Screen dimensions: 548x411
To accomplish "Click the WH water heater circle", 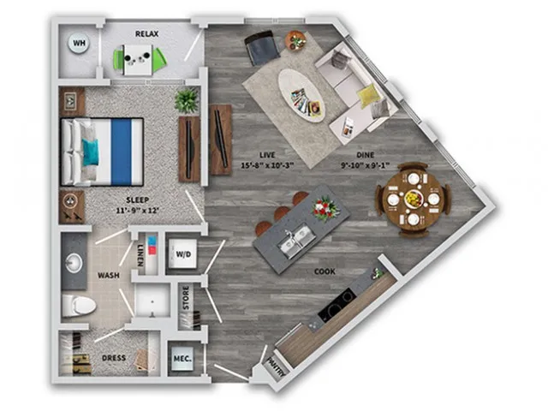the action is tap(78, 44).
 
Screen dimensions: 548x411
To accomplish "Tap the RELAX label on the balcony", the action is tap(146, 34).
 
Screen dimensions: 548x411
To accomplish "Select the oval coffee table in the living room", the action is tap(301, 95).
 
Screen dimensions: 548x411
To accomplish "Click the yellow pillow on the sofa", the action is tap(367, 95).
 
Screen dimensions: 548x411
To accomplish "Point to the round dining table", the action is tap(413, 200).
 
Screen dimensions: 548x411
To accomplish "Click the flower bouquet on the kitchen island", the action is tap(325, 208).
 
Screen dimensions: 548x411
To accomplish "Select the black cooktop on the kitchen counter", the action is tap(337, 307).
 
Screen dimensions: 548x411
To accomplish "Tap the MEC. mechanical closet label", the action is tap(182, 359).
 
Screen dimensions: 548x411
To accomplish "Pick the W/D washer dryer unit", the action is tap(182, 254).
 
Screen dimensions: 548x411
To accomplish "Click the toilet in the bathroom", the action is tap(79, 306).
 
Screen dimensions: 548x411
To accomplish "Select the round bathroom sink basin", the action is tap(74, 263).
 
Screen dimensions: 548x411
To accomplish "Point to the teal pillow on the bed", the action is tap(91, 152).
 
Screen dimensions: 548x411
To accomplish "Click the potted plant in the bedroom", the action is tap(187, 100).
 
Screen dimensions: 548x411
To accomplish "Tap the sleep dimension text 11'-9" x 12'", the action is tap(138, 211).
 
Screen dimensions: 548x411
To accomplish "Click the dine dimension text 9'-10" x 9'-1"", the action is tap(366, 165).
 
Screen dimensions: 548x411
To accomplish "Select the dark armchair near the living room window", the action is tap(262, 48).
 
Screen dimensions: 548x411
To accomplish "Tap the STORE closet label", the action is tap(186, 298).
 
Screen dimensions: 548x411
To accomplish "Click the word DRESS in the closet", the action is tap(114, 358).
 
